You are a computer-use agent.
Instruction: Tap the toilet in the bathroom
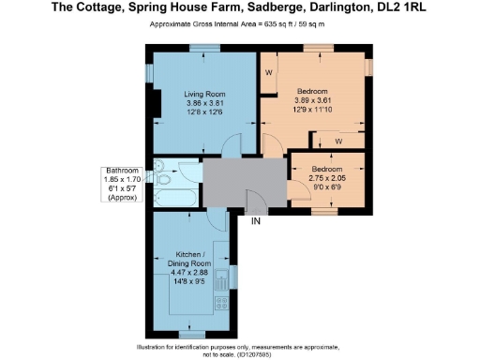click(x=160, y=171)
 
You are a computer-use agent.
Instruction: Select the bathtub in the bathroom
click(x=175, y=198)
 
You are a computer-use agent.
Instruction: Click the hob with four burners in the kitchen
click(x=221, y=303)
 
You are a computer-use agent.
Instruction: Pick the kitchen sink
click(x=221, y=277)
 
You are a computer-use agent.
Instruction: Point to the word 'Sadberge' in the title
click(x=275, y=8)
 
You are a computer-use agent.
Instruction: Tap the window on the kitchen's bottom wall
click(x=191, y=334)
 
